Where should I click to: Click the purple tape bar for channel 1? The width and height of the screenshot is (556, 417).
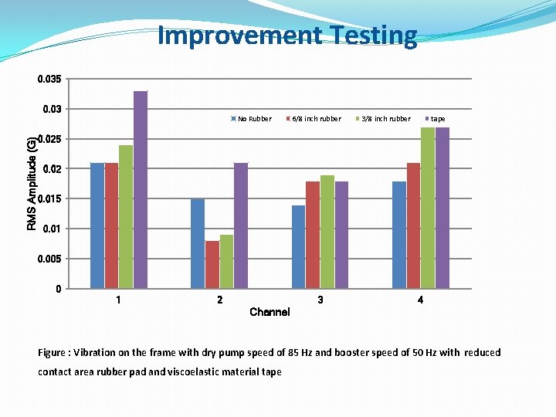[140, 190]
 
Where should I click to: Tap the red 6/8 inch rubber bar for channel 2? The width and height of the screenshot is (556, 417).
[212, 265]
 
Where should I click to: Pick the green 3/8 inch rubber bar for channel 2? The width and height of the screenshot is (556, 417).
[226, 262]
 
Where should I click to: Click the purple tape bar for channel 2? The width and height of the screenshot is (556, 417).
[241, 226]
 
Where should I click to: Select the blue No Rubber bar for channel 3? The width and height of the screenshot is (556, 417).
[298, 247]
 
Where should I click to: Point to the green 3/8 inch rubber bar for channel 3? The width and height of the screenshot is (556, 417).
[327, 232]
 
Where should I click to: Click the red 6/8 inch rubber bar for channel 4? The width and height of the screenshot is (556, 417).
[413, 226]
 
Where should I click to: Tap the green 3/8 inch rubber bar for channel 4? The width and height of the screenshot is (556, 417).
[428, 208]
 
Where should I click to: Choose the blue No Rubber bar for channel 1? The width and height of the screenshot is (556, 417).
[97, 226]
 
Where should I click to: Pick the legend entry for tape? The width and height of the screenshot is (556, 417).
[437, 119]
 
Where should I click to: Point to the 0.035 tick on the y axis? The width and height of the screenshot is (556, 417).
[50, 80]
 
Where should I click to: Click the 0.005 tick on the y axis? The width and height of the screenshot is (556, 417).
[50, 259]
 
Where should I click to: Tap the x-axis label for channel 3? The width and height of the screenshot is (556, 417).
[320, 300]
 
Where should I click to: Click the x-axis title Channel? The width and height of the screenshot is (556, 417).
[270, 312]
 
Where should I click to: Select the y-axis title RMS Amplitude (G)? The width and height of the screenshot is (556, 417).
[32, 183]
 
